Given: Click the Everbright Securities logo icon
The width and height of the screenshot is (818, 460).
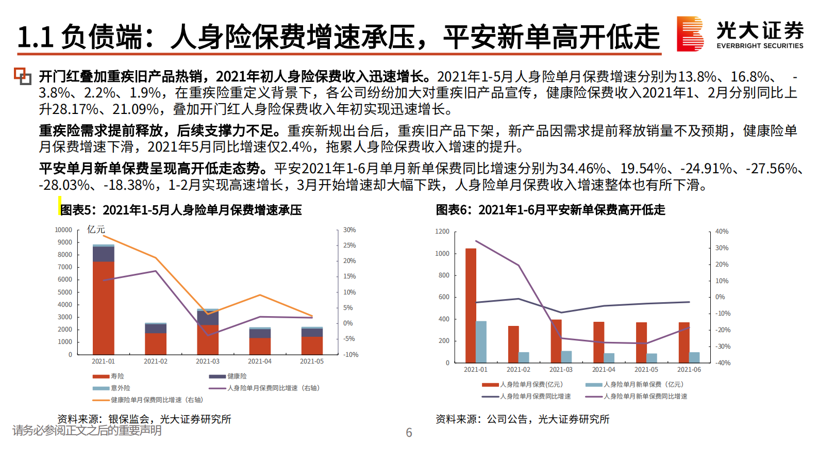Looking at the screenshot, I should tap(690, 34).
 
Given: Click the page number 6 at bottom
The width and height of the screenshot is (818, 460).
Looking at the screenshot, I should tap(409, 433).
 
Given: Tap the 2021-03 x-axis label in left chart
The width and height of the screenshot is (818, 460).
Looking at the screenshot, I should tap(208, 362).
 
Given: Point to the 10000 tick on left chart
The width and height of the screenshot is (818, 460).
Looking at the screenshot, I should tap(63, 230).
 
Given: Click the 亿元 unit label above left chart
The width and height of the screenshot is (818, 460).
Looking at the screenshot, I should tap(96, 229).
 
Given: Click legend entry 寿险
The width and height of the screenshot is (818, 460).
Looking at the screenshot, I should tap(109, 376).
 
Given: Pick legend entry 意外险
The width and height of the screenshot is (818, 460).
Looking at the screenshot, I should tap(112, 388).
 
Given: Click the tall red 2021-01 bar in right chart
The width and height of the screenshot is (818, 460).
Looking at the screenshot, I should tap(471, 305).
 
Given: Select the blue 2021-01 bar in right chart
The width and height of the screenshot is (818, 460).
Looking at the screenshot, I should tap(481, 342).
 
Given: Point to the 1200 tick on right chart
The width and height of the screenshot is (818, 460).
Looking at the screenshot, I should tap(442, 232).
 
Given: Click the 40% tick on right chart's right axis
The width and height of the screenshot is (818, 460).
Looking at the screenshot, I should tap(722, 232).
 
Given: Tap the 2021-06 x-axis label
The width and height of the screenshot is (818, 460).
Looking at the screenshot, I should tap(689, 370).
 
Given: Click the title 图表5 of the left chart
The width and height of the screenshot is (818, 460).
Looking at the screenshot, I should tap(181, 210).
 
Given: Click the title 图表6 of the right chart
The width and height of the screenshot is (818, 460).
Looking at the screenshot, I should tap(550, 210).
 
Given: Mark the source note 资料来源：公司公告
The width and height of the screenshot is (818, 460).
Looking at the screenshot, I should tap(522, 419).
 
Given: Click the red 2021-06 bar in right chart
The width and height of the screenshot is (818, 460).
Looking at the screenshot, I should tap(684, 342).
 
